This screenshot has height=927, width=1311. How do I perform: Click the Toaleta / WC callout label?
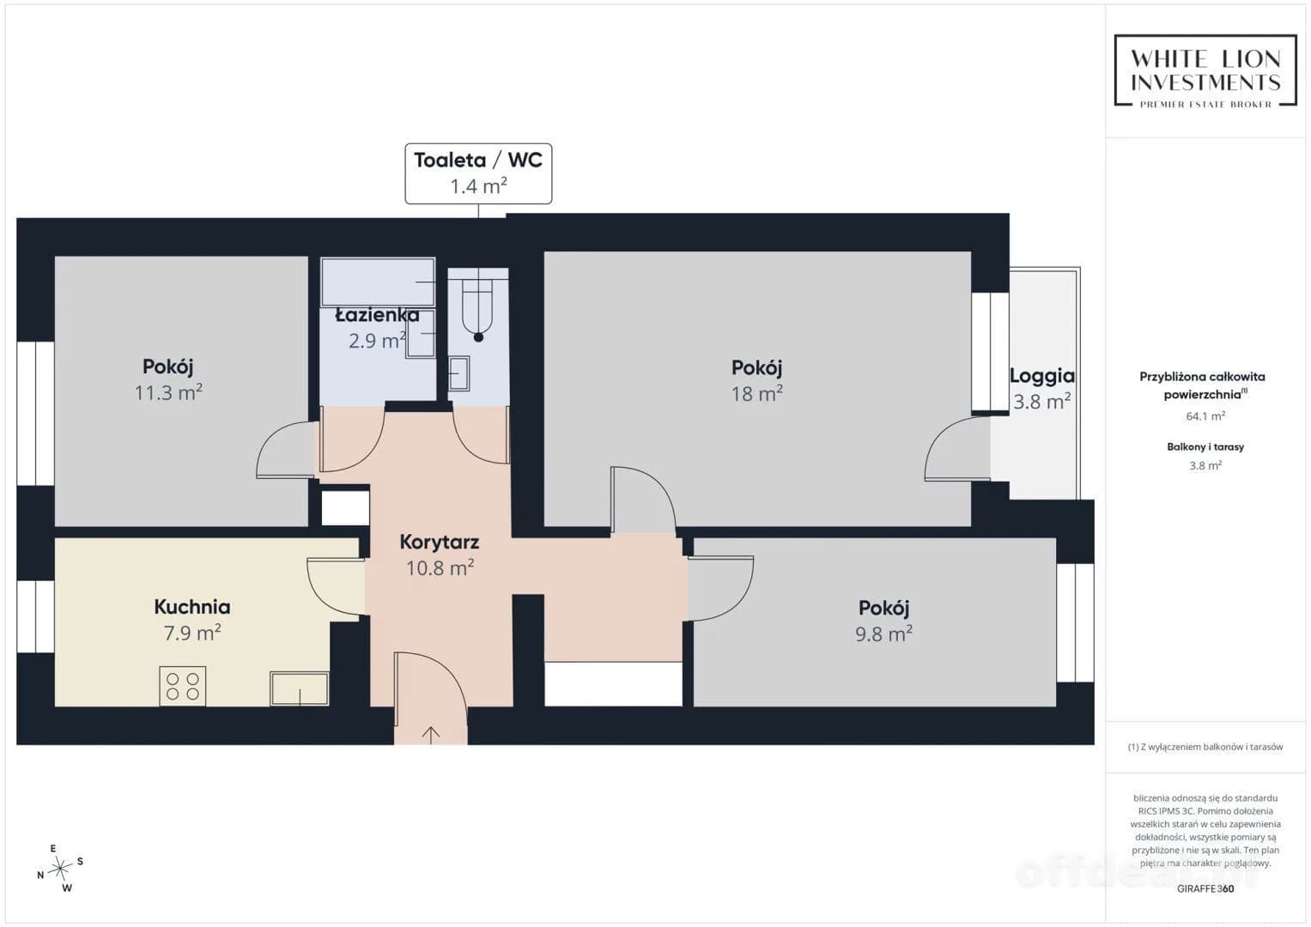point(478,173)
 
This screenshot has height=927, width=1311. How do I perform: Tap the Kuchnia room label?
point(192,607)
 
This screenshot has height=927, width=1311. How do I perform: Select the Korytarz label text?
point(440,542)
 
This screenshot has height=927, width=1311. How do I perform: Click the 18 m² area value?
point(756,393)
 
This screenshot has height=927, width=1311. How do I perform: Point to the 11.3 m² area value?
point(168,392)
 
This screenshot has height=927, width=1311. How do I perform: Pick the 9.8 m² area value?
point(883,633)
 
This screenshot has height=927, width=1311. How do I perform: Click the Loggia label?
point(1042,376)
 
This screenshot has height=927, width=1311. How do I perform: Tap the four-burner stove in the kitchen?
point(183,686)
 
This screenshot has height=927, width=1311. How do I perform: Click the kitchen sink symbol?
point(299,688)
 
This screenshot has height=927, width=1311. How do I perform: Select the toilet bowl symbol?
point(478,309)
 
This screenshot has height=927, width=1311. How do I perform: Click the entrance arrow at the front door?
point(431,735)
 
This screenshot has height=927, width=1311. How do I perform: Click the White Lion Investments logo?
point(1205,70)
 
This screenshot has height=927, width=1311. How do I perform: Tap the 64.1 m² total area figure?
point(1205,416)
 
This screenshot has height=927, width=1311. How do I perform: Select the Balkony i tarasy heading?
point(1205,447)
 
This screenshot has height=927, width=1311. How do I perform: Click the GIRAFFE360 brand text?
point(1205,888)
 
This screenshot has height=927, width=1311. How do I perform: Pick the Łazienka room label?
point(378,316)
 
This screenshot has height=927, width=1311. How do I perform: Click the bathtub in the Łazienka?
point(378,282)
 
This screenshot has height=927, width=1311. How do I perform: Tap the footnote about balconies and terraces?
point(1205,747)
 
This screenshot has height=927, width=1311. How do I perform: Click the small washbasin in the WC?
point(458,373)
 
